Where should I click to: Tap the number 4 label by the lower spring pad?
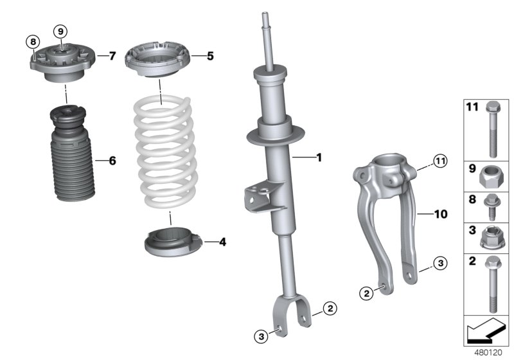[222, 242]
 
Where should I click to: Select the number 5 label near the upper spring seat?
[209, 57]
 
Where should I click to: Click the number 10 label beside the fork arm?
[441, 212]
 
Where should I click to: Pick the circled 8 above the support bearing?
[32, 42]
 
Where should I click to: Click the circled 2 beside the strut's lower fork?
[329, 309]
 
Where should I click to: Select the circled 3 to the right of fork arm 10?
[438, 263]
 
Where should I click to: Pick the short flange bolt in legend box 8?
[493, 204]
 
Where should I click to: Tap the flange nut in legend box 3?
[493, 238]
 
